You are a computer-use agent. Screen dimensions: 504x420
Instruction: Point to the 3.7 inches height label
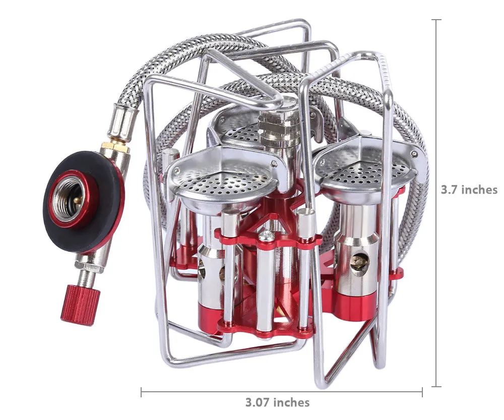point(469,190)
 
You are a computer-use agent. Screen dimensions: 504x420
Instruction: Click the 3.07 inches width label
point(278,402)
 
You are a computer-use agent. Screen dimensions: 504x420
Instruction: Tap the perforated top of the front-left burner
point(221,184)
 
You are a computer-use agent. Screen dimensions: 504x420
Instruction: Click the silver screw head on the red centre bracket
point(266,236)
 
